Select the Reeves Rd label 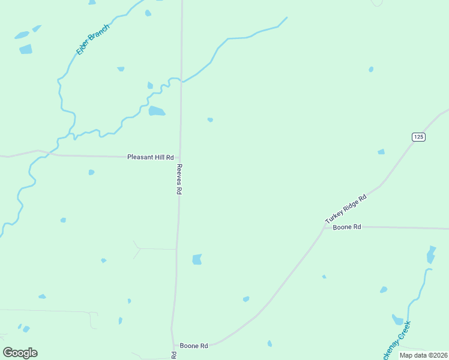click(x=179, y=179)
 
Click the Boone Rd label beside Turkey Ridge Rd click(x=347, y=227)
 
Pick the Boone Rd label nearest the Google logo click(x=194, y=346)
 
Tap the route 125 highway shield click(x=418, y=137)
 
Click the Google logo click(x=20, y=353)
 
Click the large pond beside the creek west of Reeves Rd click(x=157, y=111)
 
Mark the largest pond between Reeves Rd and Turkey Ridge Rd click(x=197, y=259)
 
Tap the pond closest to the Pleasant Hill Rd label click(x=91, y=172)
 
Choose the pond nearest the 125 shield click(x=381, y=152)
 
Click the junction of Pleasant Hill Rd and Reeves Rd click(x=180, y=157)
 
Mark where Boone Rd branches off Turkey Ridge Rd click(x=325, y=227)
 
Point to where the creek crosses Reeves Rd click(x=181, y=81)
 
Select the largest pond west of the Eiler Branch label click(x=26, y=49)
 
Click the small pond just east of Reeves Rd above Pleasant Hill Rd click(x=210, y=119)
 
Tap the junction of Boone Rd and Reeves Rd click(x=173, y=344)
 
